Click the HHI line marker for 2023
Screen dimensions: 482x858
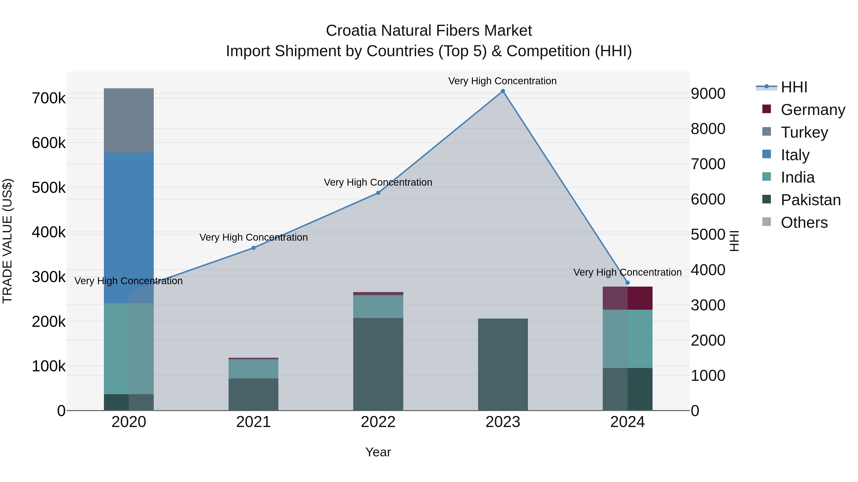tap(503, 91)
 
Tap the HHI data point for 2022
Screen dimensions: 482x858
tap(378, 193)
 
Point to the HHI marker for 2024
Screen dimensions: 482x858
tap(628, 283)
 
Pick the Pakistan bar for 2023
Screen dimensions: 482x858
tap(503, 364)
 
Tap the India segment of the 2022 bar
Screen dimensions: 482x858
tap(378, 306)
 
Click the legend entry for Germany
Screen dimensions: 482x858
tap(812, 110)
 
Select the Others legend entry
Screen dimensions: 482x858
tap(804, 223)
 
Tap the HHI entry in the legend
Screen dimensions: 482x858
tap(794, 87)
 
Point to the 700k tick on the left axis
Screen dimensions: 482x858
tap(49, 99)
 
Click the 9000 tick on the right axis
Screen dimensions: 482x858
tap(708, 94)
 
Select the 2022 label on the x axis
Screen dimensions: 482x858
tap(378, 422)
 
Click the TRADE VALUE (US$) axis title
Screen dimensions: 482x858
tap(7, 241)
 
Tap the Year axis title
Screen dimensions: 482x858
tap(378, 452)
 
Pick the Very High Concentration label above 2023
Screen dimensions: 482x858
tap(502, 81)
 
